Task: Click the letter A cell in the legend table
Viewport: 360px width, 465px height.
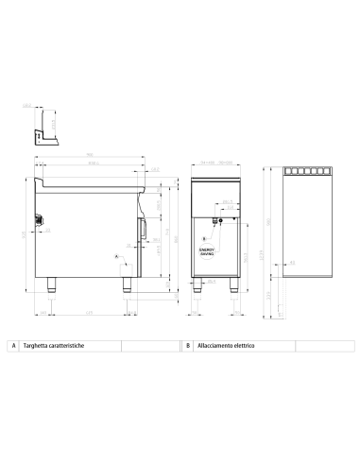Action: [12, 347]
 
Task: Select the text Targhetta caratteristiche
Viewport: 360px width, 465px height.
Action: [55, 347]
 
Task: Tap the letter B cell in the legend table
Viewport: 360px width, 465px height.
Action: [188, 347]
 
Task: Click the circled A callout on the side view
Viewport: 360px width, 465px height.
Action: [118, 256]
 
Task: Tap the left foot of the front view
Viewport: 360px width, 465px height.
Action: [197, 286]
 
